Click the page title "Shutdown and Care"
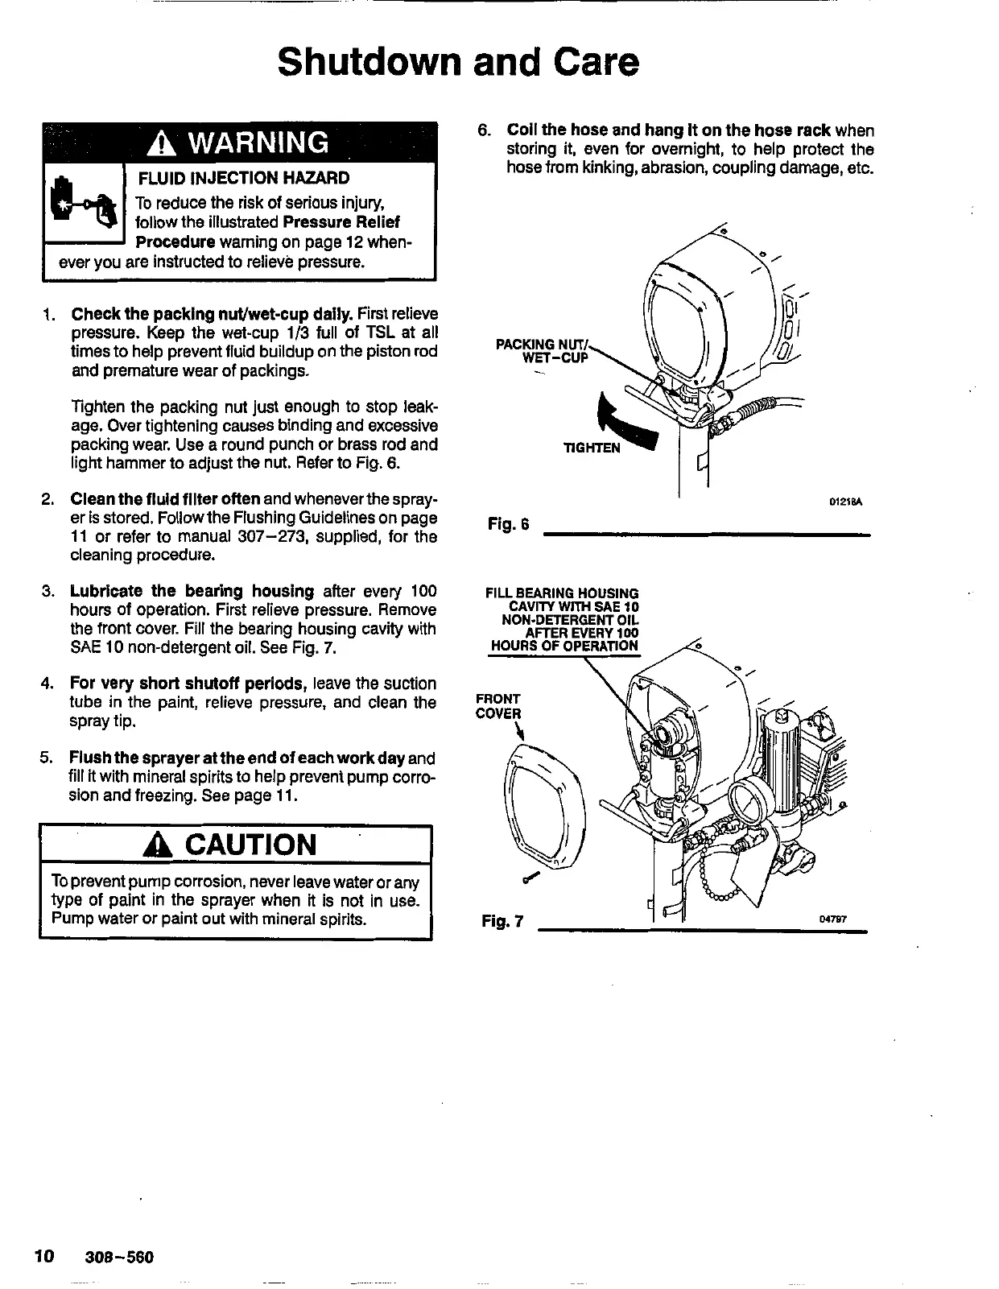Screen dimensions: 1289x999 click(458, 61)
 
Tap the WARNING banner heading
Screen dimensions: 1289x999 click(239, 143)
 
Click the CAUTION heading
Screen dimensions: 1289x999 click(238, 845)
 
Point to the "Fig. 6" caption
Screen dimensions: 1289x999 click(508, 525)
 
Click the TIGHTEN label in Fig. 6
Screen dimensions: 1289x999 click(592, 448)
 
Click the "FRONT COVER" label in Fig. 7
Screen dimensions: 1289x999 click(498, 706)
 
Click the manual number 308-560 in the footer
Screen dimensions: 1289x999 click(119, 1257)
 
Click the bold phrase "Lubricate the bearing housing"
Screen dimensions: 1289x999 click(192, 591)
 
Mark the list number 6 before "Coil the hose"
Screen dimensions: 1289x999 click(483, 130)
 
